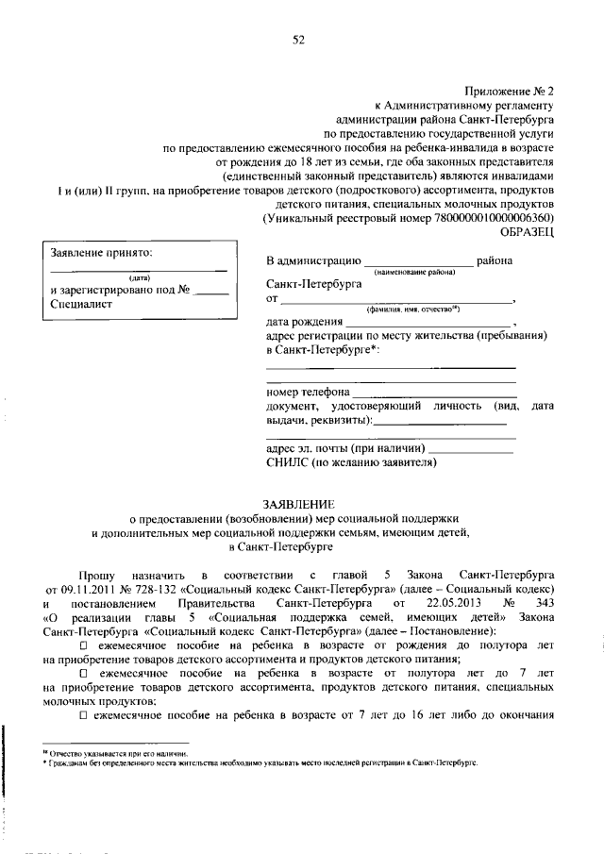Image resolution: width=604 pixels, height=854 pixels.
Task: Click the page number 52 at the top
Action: [299, 39]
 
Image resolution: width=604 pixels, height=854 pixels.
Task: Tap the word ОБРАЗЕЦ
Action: [527, 229]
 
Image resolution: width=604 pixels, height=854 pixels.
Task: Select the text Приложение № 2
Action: [511, 92]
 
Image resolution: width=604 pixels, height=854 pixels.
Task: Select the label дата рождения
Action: [305, 321]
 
